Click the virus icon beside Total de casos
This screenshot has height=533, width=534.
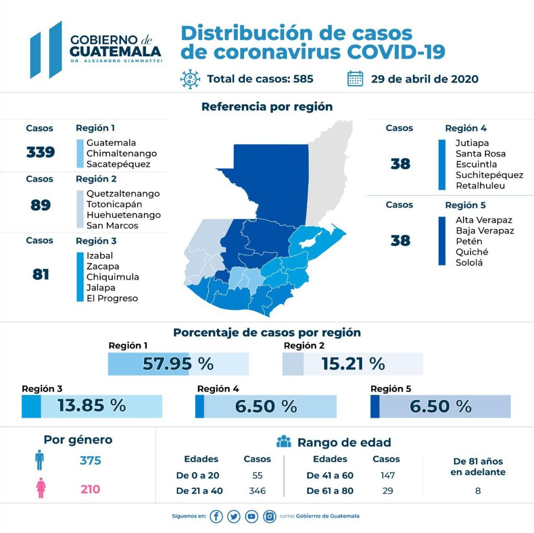190,79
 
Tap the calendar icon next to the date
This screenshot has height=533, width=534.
355,79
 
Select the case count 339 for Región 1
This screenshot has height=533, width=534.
41,152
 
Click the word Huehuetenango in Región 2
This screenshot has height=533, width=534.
124,215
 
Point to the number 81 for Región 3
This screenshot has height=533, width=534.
41,274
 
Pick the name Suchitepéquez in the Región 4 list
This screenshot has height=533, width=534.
489,175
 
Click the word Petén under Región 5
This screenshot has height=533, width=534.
469,241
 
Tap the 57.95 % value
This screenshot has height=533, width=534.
178,364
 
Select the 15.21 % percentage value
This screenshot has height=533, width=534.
353,364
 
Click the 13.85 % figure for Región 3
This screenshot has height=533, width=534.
92,406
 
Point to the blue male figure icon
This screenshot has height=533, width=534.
40,461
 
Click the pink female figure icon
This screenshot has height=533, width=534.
40,489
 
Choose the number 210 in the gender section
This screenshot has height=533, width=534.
90,489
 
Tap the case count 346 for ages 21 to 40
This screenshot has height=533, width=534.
257,491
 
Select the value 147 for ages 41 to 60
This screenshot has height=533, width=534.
387,475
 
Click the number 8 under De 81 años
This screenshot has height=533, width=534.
478,491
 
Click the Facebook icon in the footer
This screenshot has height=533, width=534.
216,516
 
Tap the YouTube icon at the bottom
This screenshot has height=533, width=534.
252,516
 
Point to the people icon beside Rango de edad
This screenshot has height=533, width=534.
284,442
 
